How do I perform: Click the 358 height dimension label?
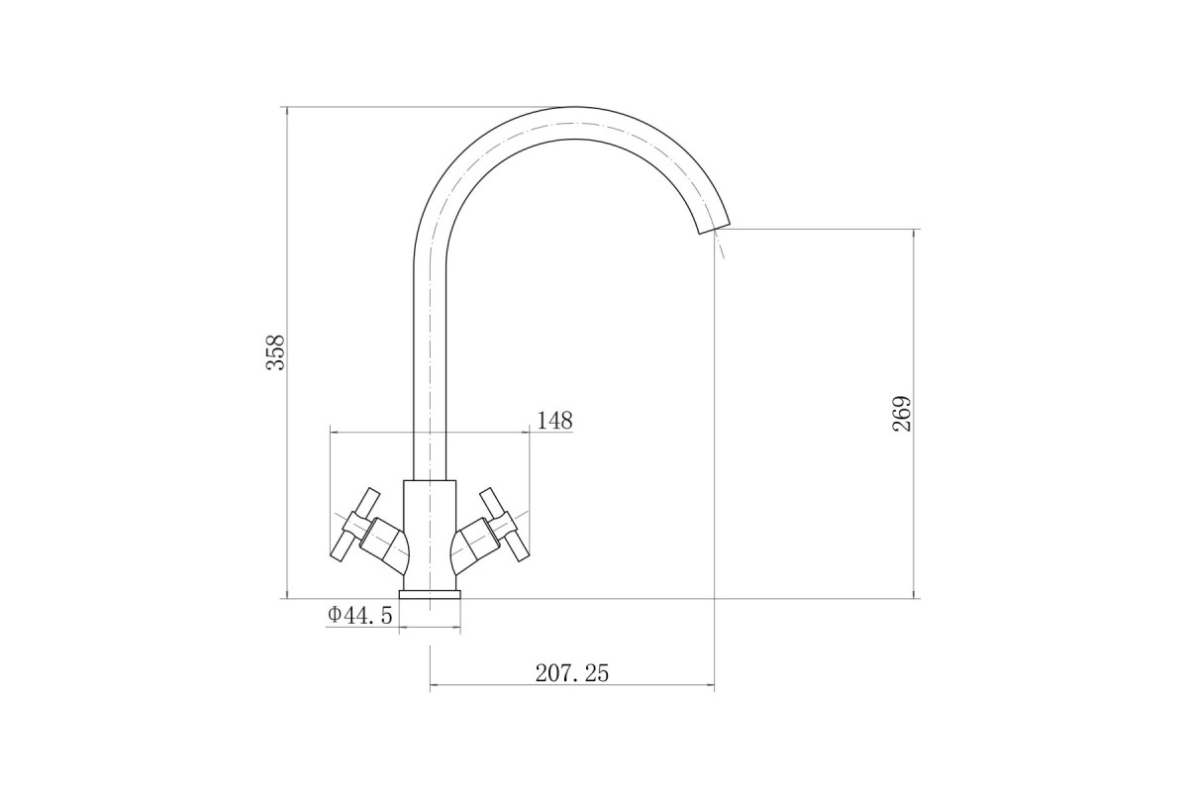[276, 352]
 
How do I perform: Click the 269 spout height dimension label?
[902, 414]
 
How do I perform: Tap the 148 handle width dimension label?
[554, 421]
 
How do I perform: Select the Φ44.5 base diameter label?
[360, 616]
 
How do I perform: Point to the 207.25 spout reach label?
[572, 673]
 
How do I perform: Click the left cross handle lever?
[354, 524]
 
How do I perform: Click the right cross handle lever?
[504, 524]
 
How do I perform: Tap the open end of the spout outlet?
[714, 228]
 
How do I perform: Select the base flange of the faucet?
[430, 594]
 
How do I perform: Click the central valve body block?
[430, 535]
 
